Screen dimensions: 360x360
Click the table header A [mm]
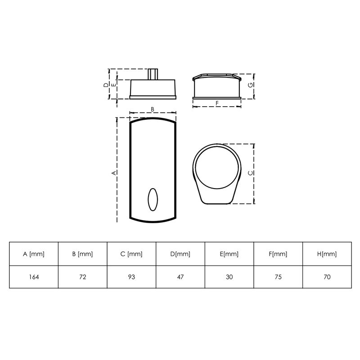[x=33, y=254]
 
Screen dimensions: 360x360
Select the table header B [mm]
[x=82, y=254]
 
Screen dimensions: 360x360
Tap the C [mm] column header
[x=131, y=254]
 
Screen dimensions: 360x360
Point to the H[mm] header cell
[x=327, y=254]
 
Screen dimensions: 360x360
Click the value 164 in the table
[x=34, y=277]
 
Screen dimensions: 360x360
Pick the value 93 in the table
[x=131, y=277]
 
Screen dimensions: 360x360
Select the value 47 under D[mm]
[x=180, y=277]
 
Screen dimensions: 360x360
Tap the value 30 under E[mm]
[x=229, y=277]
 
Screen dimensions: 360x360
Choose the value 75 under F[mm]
[x=278, y=277]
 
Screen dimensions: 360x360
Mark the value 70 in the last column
[x=327, y=277]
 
